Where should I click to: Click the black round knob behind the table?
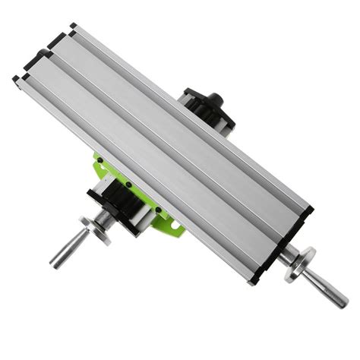click(214, 99)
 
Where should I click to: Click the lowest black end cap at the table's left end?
click(17, 79)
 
